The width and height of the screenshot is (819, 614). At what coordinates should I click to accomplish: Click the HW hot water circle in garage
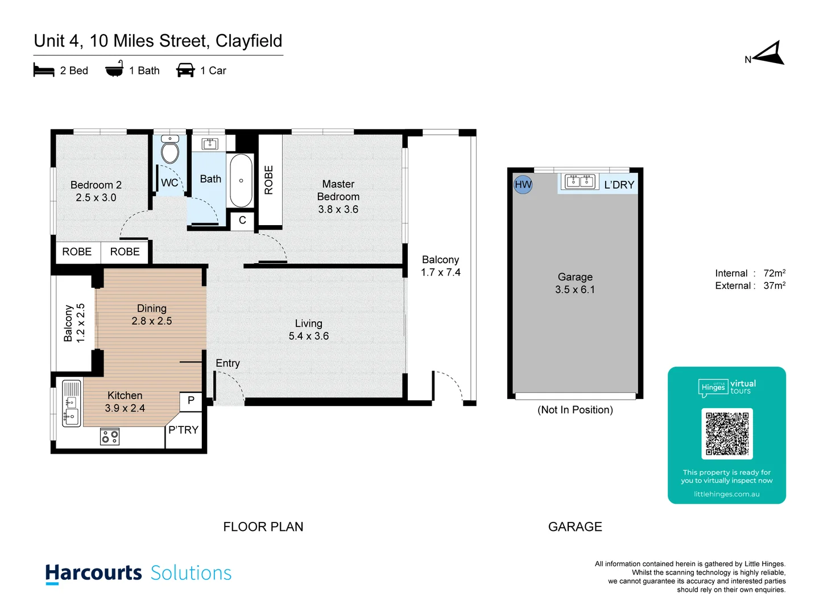(523, 185)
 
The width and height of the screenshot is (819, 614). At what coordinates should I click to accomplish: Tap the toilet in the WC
(170, 151)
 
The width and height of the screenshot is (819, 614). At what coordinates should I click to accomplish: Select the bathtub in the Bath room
(241, 181)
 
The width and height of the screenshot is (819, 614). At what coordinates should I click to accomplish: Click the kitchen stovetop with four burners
(110, 437)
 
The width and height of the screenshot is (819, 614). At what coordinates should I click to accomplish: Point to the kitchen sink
(71, 403)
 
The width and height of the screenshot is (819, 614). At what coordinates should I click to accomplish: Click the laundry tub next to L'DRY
(580, 181)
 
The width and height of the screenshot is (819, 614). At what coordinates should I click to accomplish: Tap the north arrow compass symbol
(768, 54)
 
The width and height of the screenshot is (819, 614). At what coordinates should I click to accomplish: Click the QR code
(727, 433)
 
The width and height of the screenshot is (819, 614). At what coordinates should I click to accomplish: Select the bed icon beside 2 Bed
(44, 70)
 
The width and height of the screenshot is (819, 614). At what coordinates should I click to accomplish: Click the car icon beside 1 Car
(185, 70)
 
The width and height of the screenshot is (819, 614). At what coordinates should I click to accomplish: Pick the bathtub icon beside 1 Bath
(114, 69)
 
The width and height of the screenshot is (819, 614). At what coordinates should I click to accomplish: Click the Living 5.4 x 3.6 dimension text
(308, 336)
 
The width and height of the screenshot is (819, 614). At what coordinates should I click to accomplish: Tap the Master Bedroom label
(338, 190)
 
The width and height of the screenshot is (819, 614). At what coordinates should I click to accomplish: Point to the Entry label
(227, 363)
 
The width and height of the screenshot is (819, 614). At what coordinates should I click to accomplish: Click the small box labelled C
(242, 220)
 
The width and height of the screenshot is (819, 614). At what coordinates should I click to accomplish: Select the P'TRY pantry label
(183, 430)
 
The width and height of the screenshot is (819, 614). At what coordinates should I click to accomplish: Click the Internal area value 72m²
(774, 273)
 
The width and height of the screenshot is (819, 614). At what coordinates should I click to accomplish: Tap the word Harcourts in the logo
(94, 572)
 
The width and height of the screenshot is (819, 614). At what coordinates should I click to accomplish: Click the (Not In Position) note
(575, 410)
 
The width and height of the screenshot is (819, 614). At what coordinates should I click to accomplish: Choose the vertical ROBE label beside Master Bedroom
(269, 180)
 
